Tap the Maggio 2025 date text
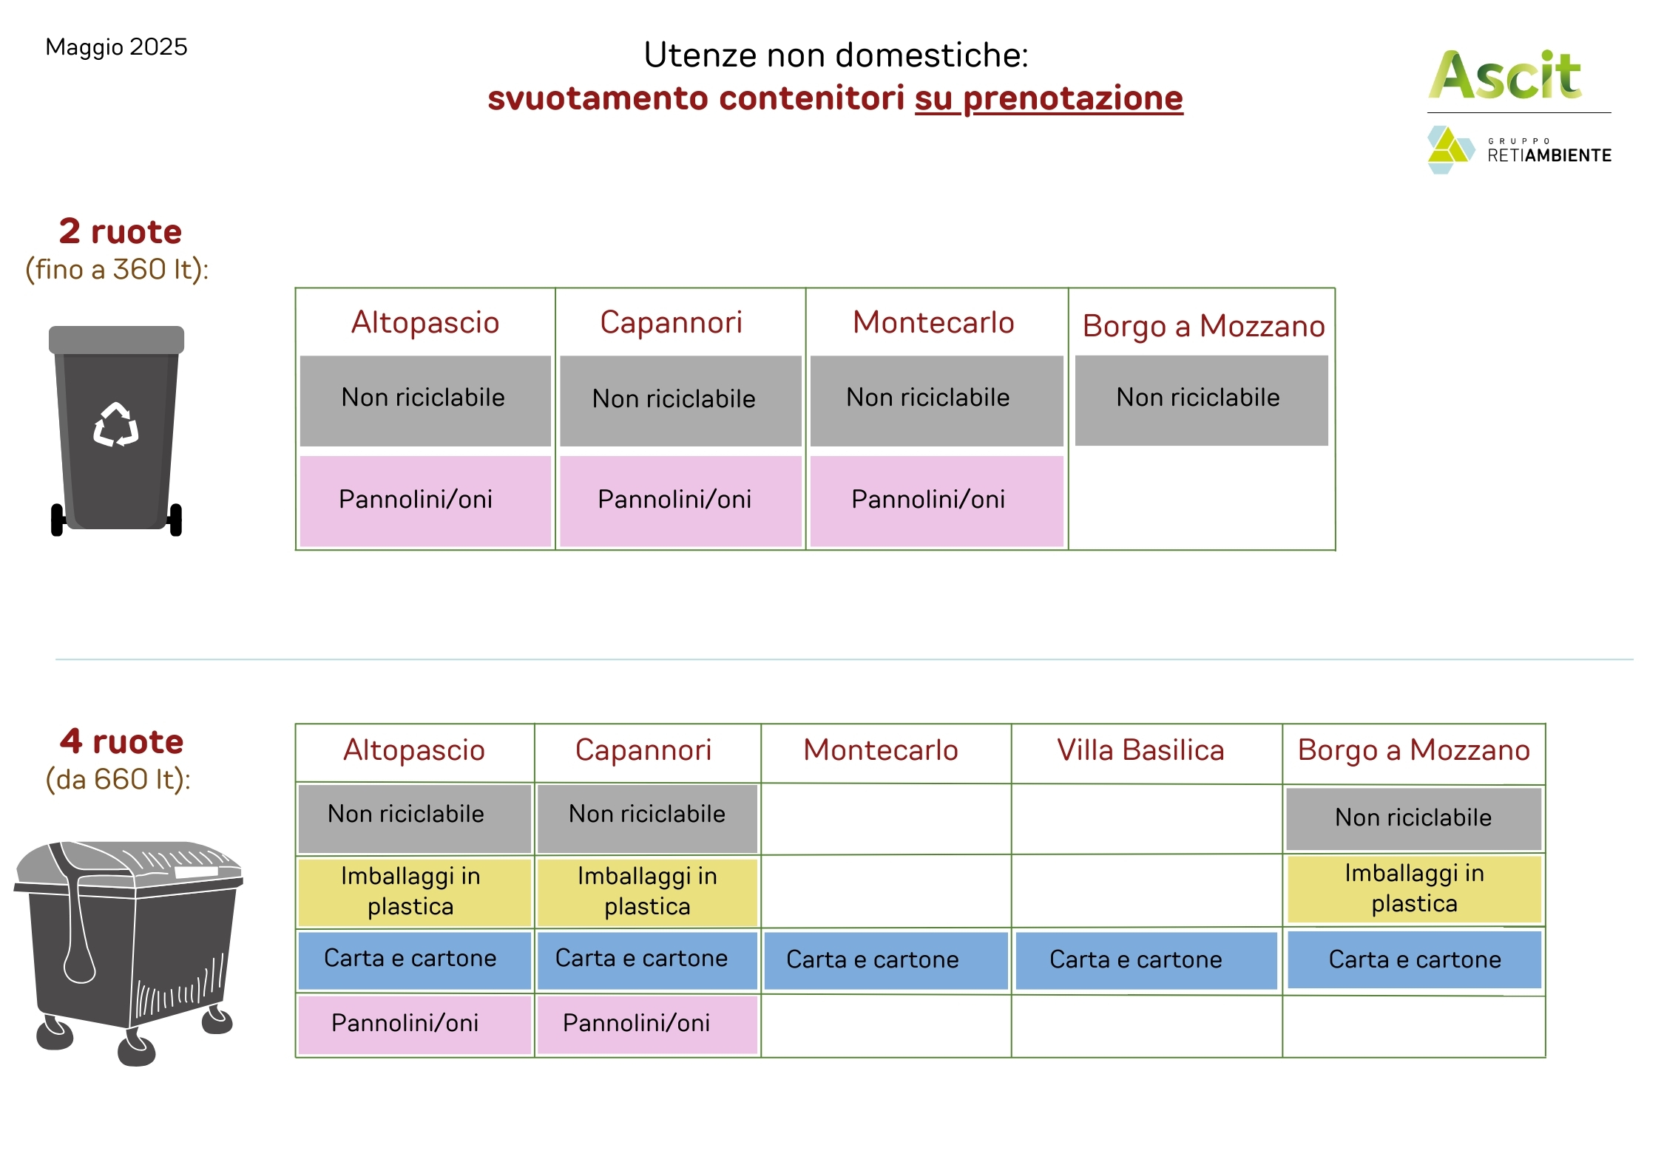click(116, 47)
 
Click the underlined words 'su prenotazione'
click(1049, 98)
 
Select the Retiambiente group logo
click(1519, 149)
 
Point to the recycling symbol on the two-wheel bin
click(116, 424)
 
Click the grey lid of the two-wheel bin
click(116, 340)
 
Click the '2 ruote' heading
click(121, 231)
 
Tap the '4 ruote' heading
click(122, 741)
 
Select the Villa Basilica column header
click(1140, 750)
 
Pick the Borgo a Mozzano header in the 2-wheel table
click(1203, 326)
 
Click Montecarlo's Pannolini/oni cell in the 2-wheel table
click(936, 500)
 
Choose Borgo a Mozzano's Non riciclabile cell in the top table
click(1201, 400)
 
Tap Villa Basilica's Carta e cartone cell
click(1146, 960)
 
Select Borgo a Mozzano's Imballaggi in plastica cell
click(1414, 888)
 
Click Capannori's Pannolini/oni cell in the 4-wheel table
click(647, 1024)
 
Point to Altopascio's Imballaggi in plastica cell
click(414, 892)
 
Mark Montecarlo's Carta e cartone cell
click(886, 960)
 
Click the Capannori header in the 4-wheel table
click(643, 750)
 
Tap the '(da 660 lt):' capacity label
click(118, 780)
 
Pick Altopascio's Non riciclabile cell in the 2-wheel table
click(425, 401)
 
